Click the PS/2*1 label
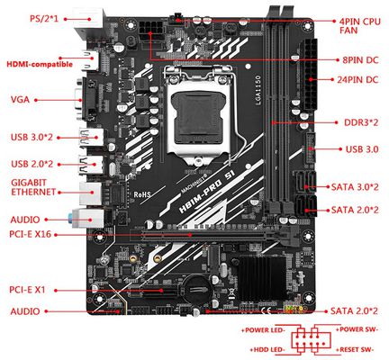point(44,19)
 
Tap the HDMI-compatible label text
point(40,64)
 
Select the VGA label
point(20,100)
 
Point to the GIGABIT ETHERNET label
point(33,187)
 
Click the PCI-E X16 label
point(30,234)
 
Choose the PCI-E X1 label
point(27,290)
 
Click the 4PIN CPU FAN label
point(360,26)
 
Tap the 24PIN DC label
point(357,80)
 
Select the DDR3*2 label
point(361,122)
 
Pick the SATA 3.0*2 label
point(355,187)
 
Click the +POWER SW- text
point(357,329)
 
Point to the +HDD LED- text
point(267,350)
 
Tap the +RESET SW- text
point(355,350)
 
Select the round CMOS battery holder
point(196,290)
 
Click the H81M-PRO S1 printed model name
point(206,192)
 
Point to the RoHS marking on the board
point(142,194)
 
